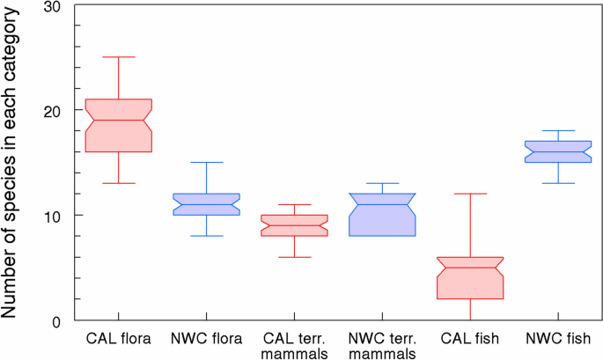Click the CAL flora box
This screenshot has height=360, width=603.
pyautogui.click(x=119, y=125)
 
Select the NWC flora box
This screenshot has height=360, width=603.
pyautogui.click(x=207, y=204)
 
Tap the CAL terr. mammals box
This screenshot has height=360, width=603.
pyautogui.click(x=295, y=225)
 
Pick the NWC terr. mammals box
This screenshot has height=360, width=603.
pyautogui.click(x=382, y=215)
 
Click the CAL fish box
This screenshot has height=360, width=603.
pyautogui.click(x=470, y=277)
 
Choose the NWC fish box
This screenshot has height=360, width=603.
pyautogui.click(x=558, y=151)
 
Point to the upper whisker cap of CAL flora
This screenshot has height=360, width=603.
pyautogui.click(x=119, y=57)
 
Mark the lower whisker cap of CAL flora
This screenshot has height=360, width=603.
pyautogui.click(x=119, y=183)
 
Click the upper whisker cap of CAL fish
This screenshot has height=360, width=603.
pyautogui.click(x=470, y=194)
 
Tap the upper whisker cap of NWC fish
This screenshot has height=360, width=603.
pyautogui.click(x=558, y=131)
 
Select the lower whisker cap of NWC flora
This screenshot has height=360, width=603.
pyautogui.click(x=207, y=236)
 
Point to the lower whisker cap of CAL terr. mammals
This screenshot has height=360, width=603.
pyautogui.click(x=295, y=257)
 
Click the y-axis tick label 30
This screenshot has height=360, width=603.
pyautogui.click(x=52, y=6)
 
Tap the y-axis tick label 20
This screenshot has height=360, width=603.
pyautogui.click(x=52, y=112)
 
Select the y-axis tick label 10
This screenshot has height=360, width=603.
pyautogui.click(x=52, y=217)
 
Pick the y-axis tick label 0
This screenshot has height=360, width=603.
pyautogui.click(x=56, y=322)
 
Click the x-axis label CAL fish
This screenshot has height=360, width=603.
pyautogui.click(x=470, y=339)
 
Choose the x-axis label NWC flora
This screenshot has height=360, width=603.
pyautogui.click(x=207, y=339)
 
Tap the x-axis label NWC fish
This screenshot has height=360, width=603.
pyautogui.click(x=558, y=339)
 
